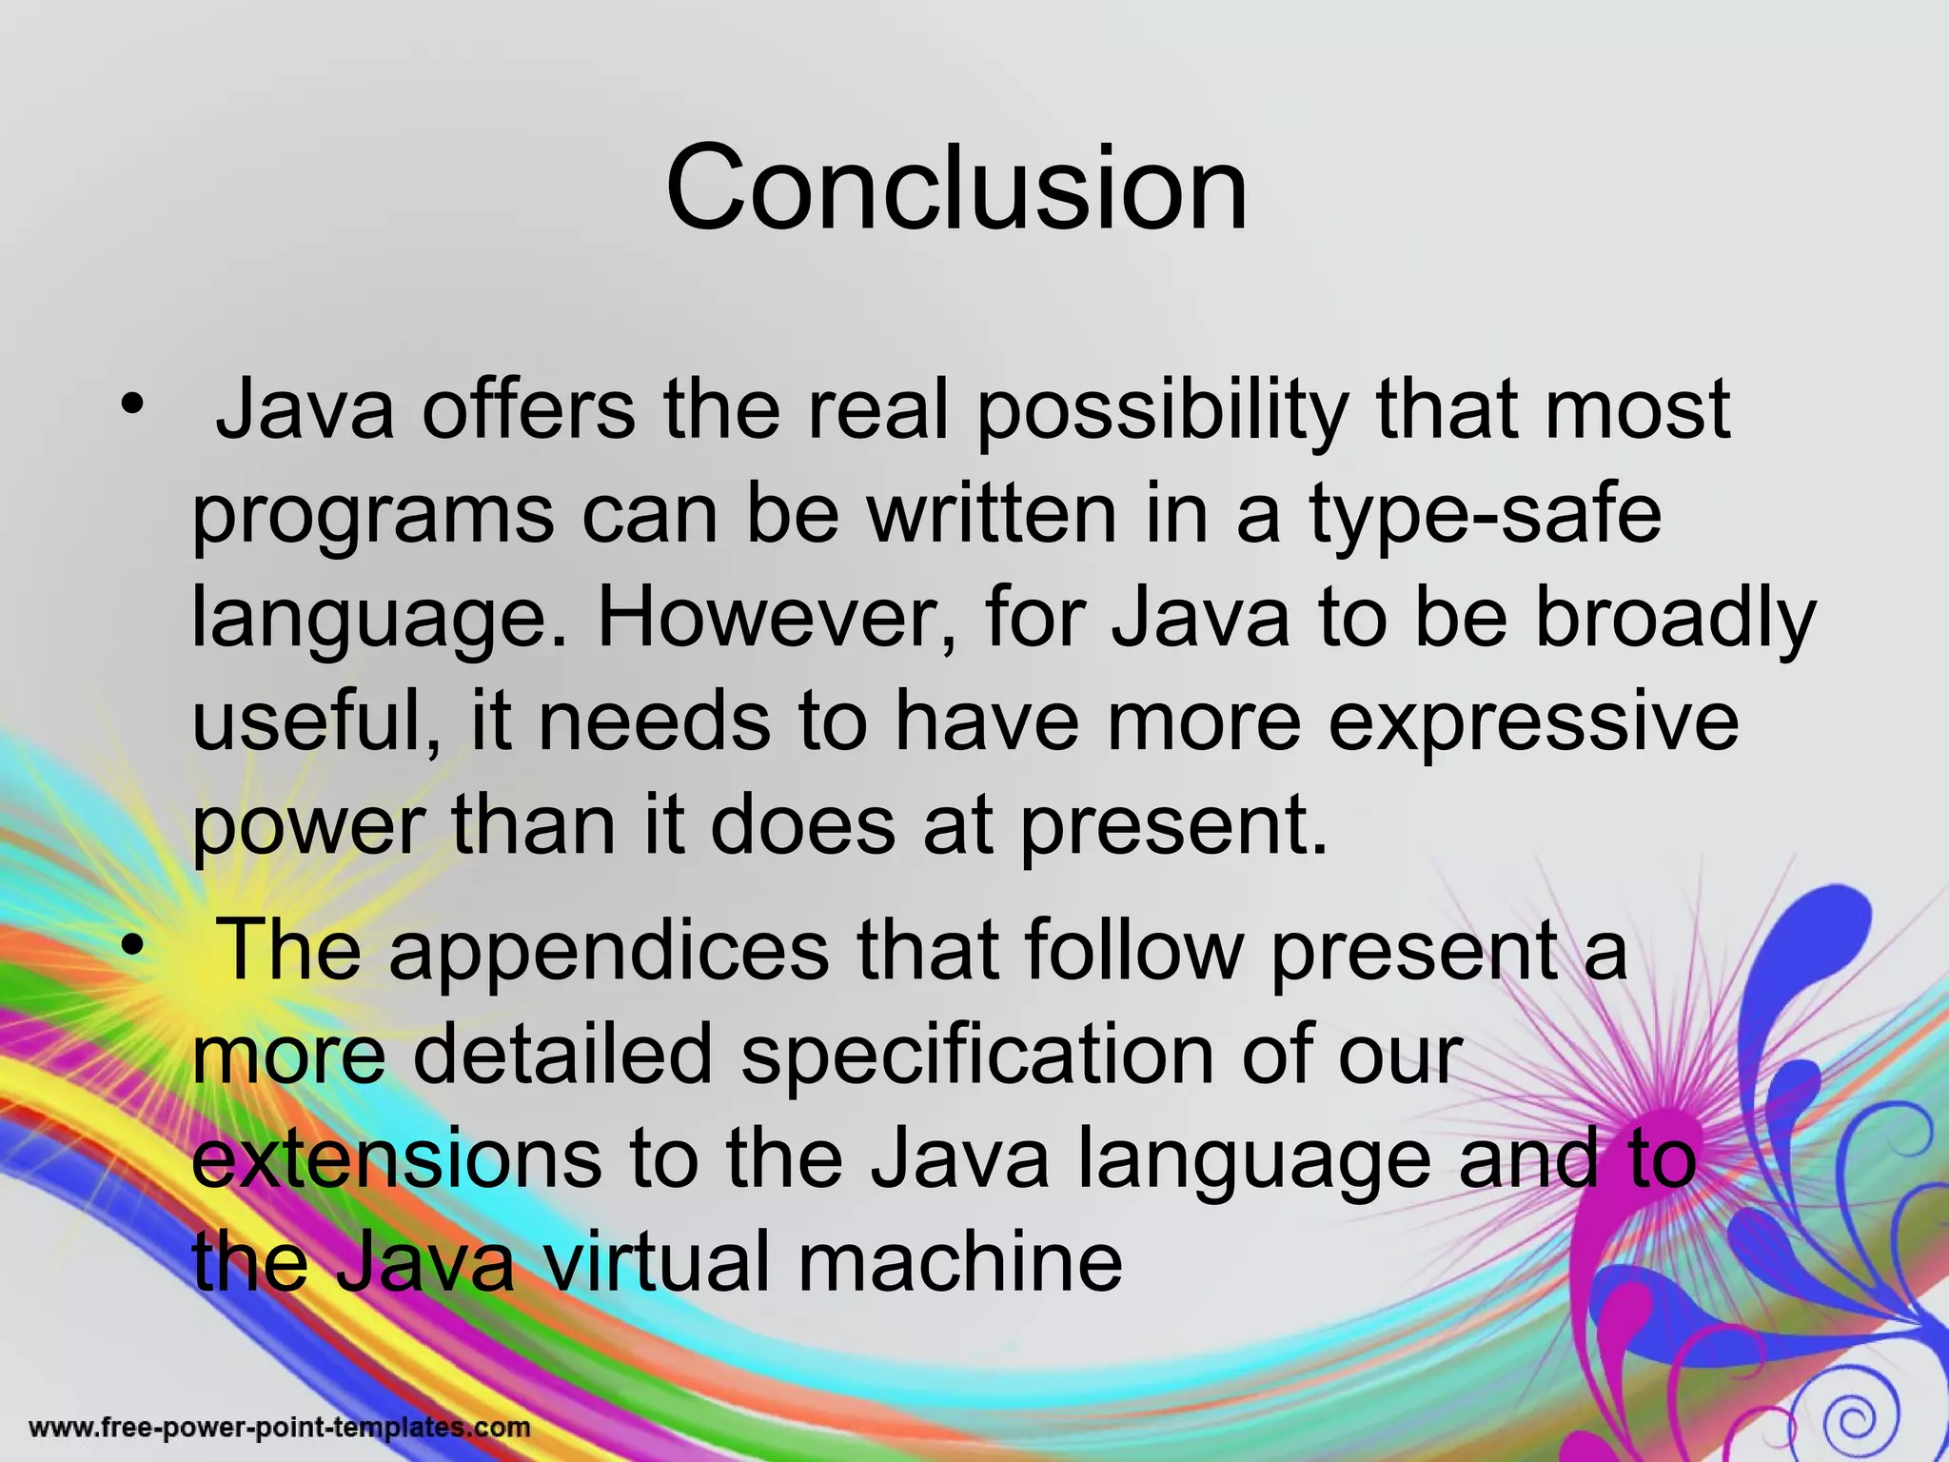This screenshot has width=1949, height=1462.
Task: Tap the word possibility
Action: point(1163,412)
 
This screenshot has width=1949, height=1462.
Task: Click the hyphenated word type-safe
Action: point(1486,517)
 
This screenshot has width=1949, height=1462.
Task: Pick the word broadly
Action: point(1677,619)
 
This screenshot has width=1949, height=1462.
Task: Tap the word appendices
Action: point(609,952)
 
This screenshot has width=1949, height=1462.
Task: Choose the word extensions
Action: point(397,1159)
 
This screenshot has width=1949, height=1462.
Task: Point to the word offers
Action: point(528,410)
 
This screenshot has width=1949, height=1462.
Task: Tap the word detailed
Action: point(562,1055)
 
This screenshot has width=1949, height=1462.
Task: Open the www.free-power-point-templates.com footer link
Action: point(280,1428)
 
